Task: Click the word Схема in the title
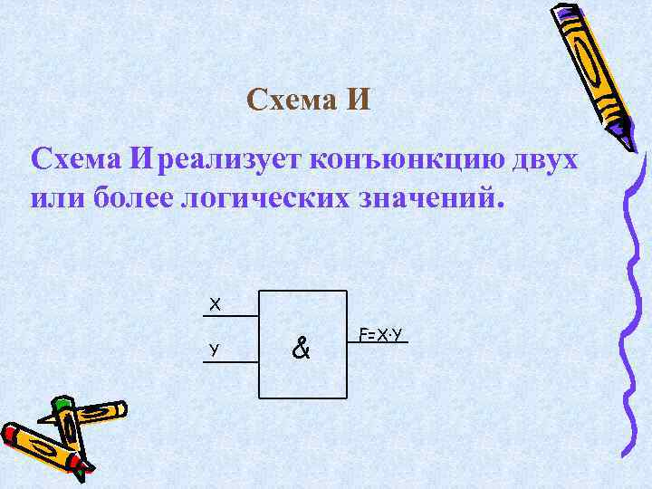point(291,100)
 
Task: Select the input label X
point(215,304)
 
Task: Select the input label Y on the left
point(212,349)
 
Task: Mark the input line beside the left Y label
point(236,361)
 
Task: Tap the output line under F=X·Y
point(378,342)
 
